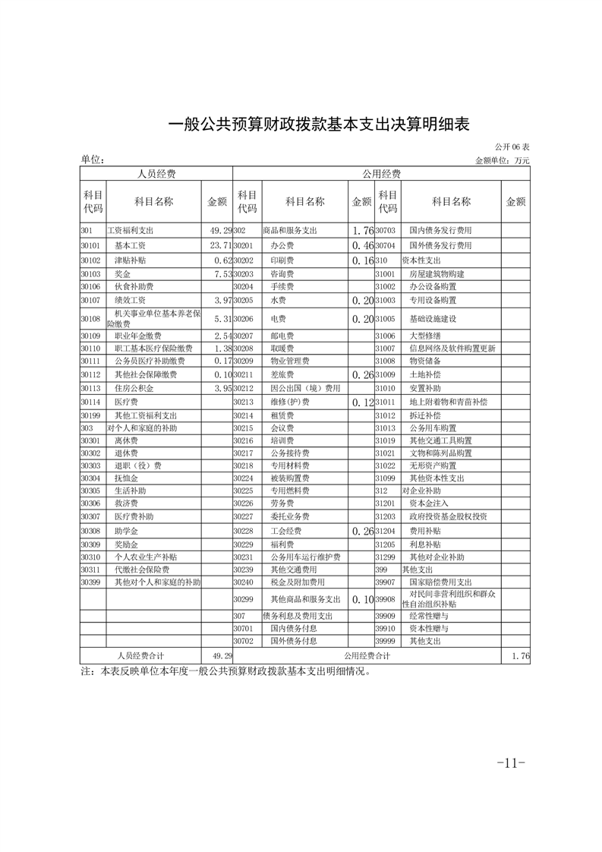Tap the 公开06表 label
point(512,146)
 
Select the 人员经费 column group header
point(156,174)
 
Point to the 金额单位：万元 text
point(502,160)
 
